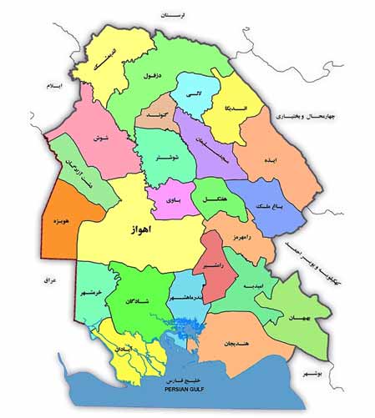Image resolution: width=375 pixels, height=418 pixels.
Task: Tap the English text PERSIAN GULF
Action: pyautogui.click(x=195, y=390)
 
